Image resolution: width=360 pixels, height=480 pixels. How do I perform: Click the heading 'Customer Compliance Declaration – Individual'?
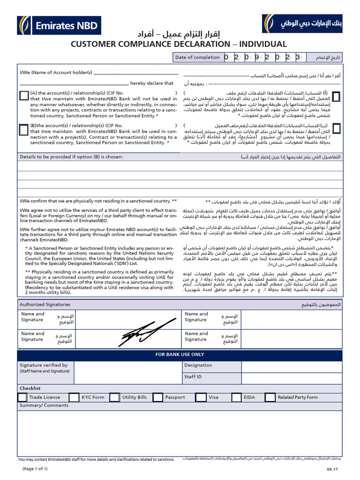click(x=179, y=44)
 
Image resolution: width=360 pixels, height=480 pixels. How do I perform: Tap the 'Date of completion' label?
click(x=197, y=57)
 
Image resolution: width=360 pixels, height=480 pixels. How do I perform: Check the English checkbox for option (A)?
click(x=24, y=96)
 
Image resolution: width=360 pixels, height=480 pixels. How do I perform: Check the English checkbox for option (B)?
click(x=24, y=129)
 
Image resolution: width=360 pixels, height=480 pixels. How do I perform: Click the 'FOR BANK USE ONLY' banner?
click(x=180, y=355)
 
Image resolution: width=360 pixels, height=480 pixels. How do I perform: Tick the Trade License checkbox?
click(x=22, y=397)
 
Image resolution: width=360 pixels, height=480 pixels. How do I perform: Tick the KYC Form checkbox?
click(x=74, y=397)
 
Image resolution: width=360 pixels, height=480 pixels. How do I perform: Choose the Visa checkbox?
click(x=201, y=397)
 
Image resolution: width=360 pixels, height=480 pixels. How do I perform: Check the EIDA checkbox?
click(x=237, y=397)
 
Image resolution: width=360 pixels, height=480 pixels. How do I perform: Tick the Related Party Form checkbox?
click(x=270, y=397)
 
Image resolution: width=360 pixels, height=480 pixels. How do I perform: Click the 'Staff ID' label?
click(x=193, y=376)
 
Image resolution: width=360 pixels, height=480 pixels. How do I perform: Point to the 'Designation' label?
click(x=198, y=365)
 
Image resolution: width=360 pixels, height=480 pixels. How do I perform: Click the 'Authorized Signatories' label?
click(x=45, y=304)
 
